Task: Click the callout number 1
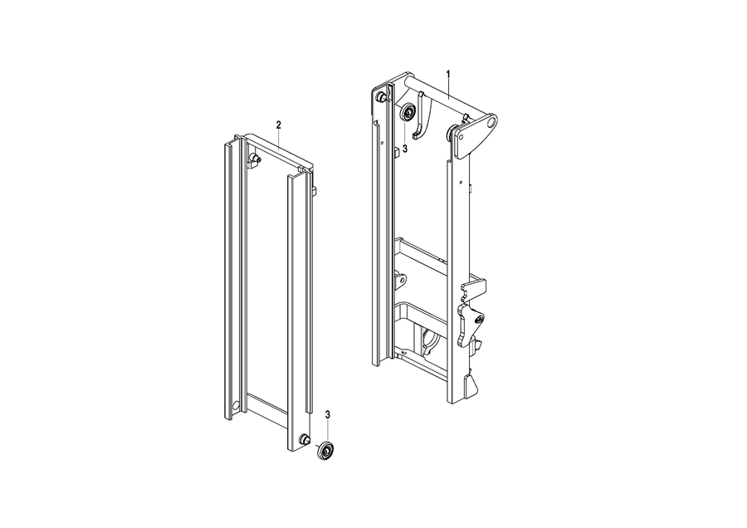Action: [448, 74]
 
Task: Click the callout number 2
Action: [279, 125]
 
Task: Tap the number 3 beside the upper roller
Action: [405, 149]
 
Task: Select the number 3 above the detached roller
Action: [328, 414]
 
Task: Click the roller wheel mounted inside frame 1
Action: [408, 113]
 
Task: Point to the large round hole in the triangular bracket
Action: [491, 123]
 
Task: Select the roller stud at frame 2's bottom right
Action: [302, 439]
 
